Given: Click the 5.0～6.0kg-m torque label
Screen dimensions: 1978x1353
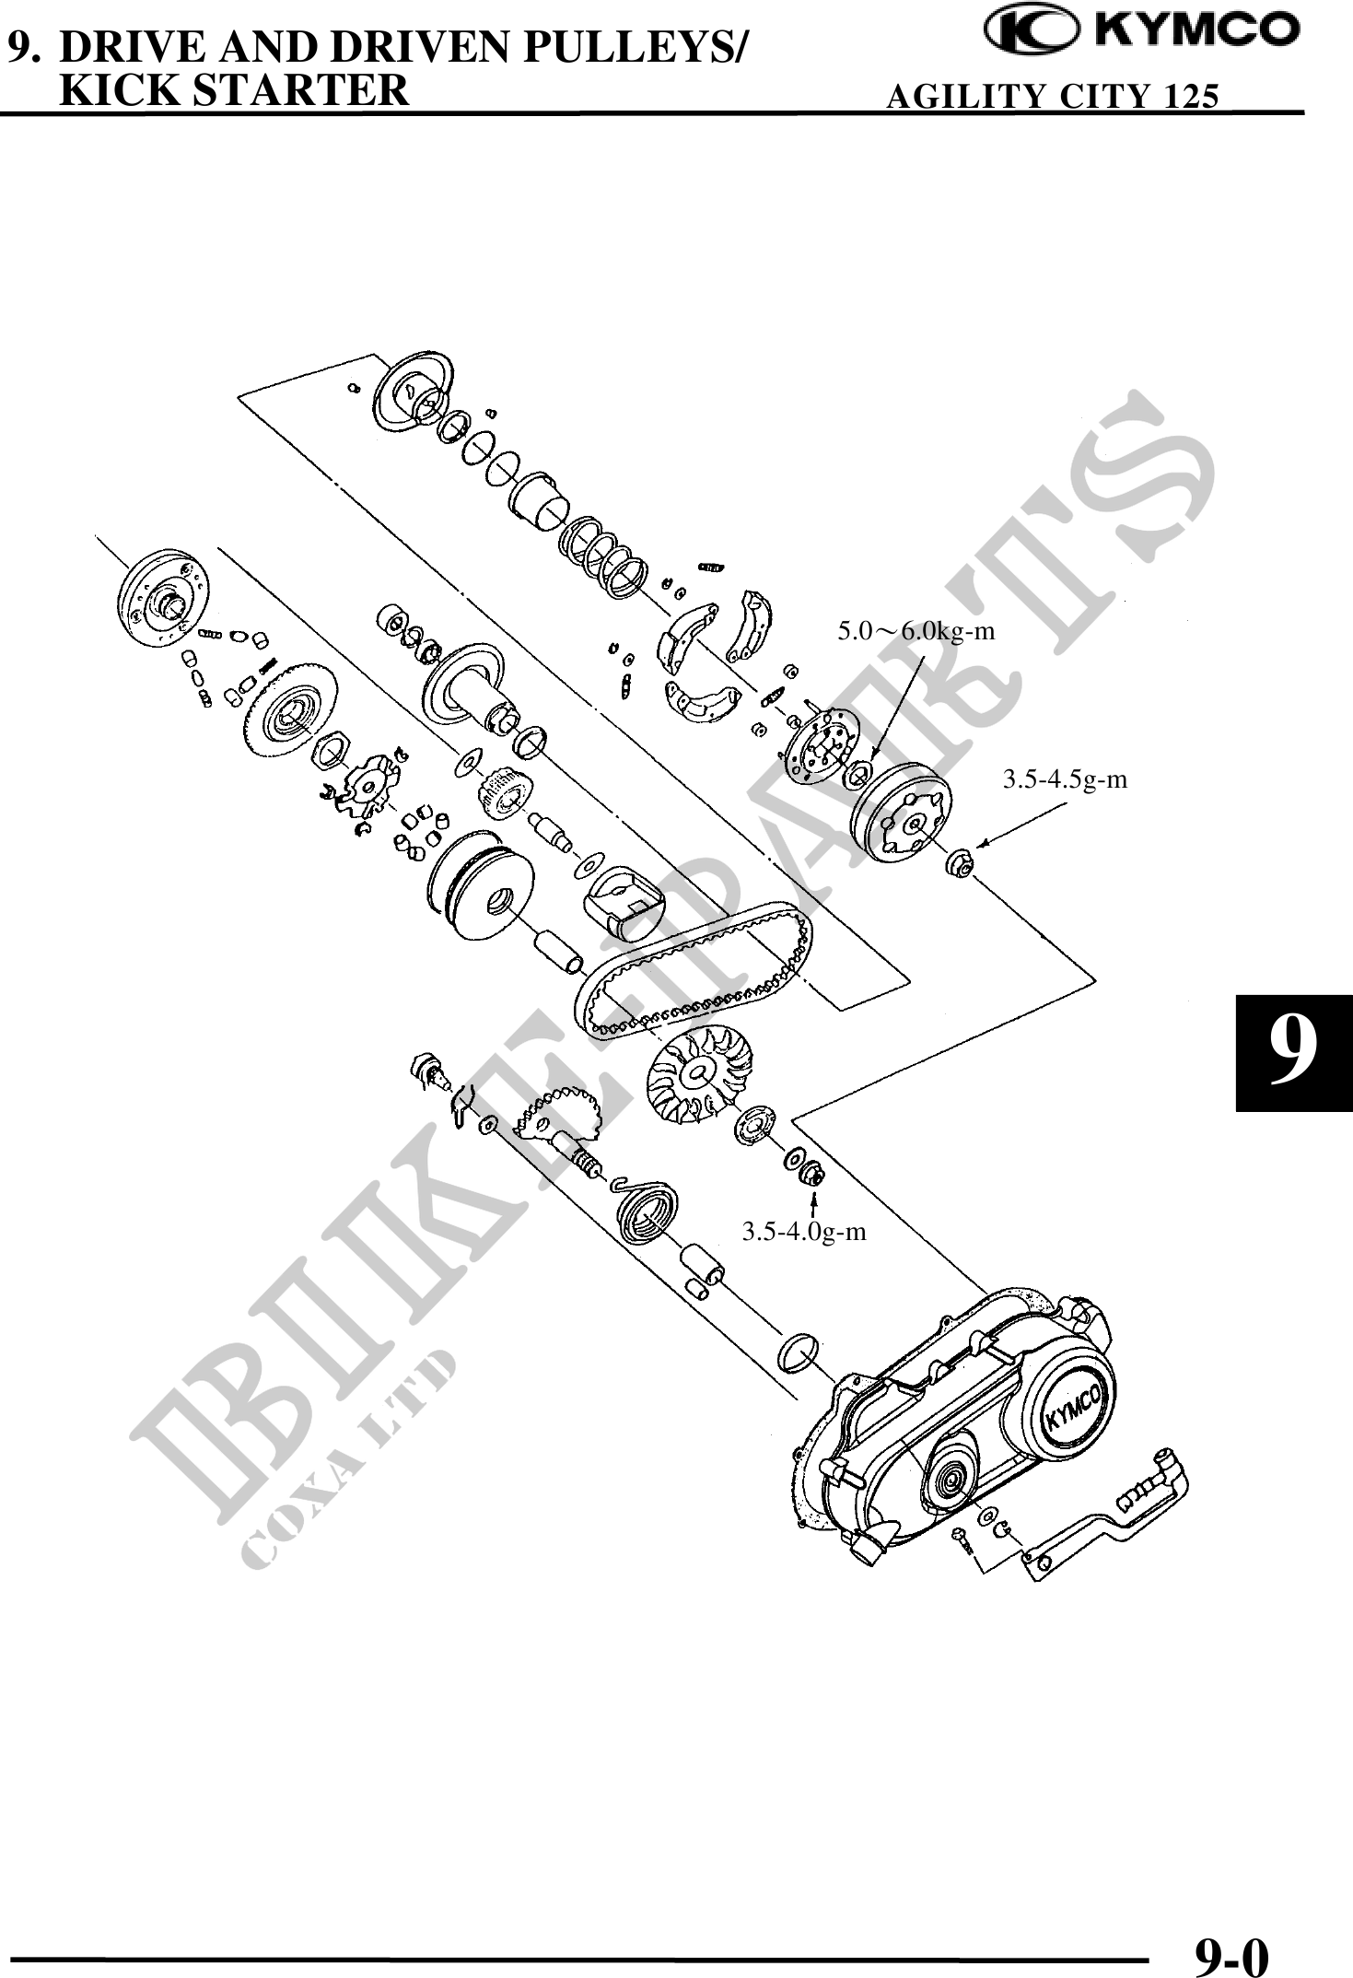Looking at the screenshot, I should point(916,632).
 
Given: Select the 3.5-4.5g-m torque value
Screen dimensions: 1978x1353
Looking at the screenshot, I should point(1064,779).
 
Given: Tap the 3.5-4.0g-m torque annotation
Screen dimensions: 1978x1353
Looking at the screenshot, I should point(804,1232).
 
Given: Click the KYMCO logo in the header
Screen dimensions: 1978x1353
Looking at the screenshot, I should point(1142,31).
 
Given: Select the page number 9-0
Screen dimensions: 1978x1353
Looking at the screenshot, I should point(1231,1951).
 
